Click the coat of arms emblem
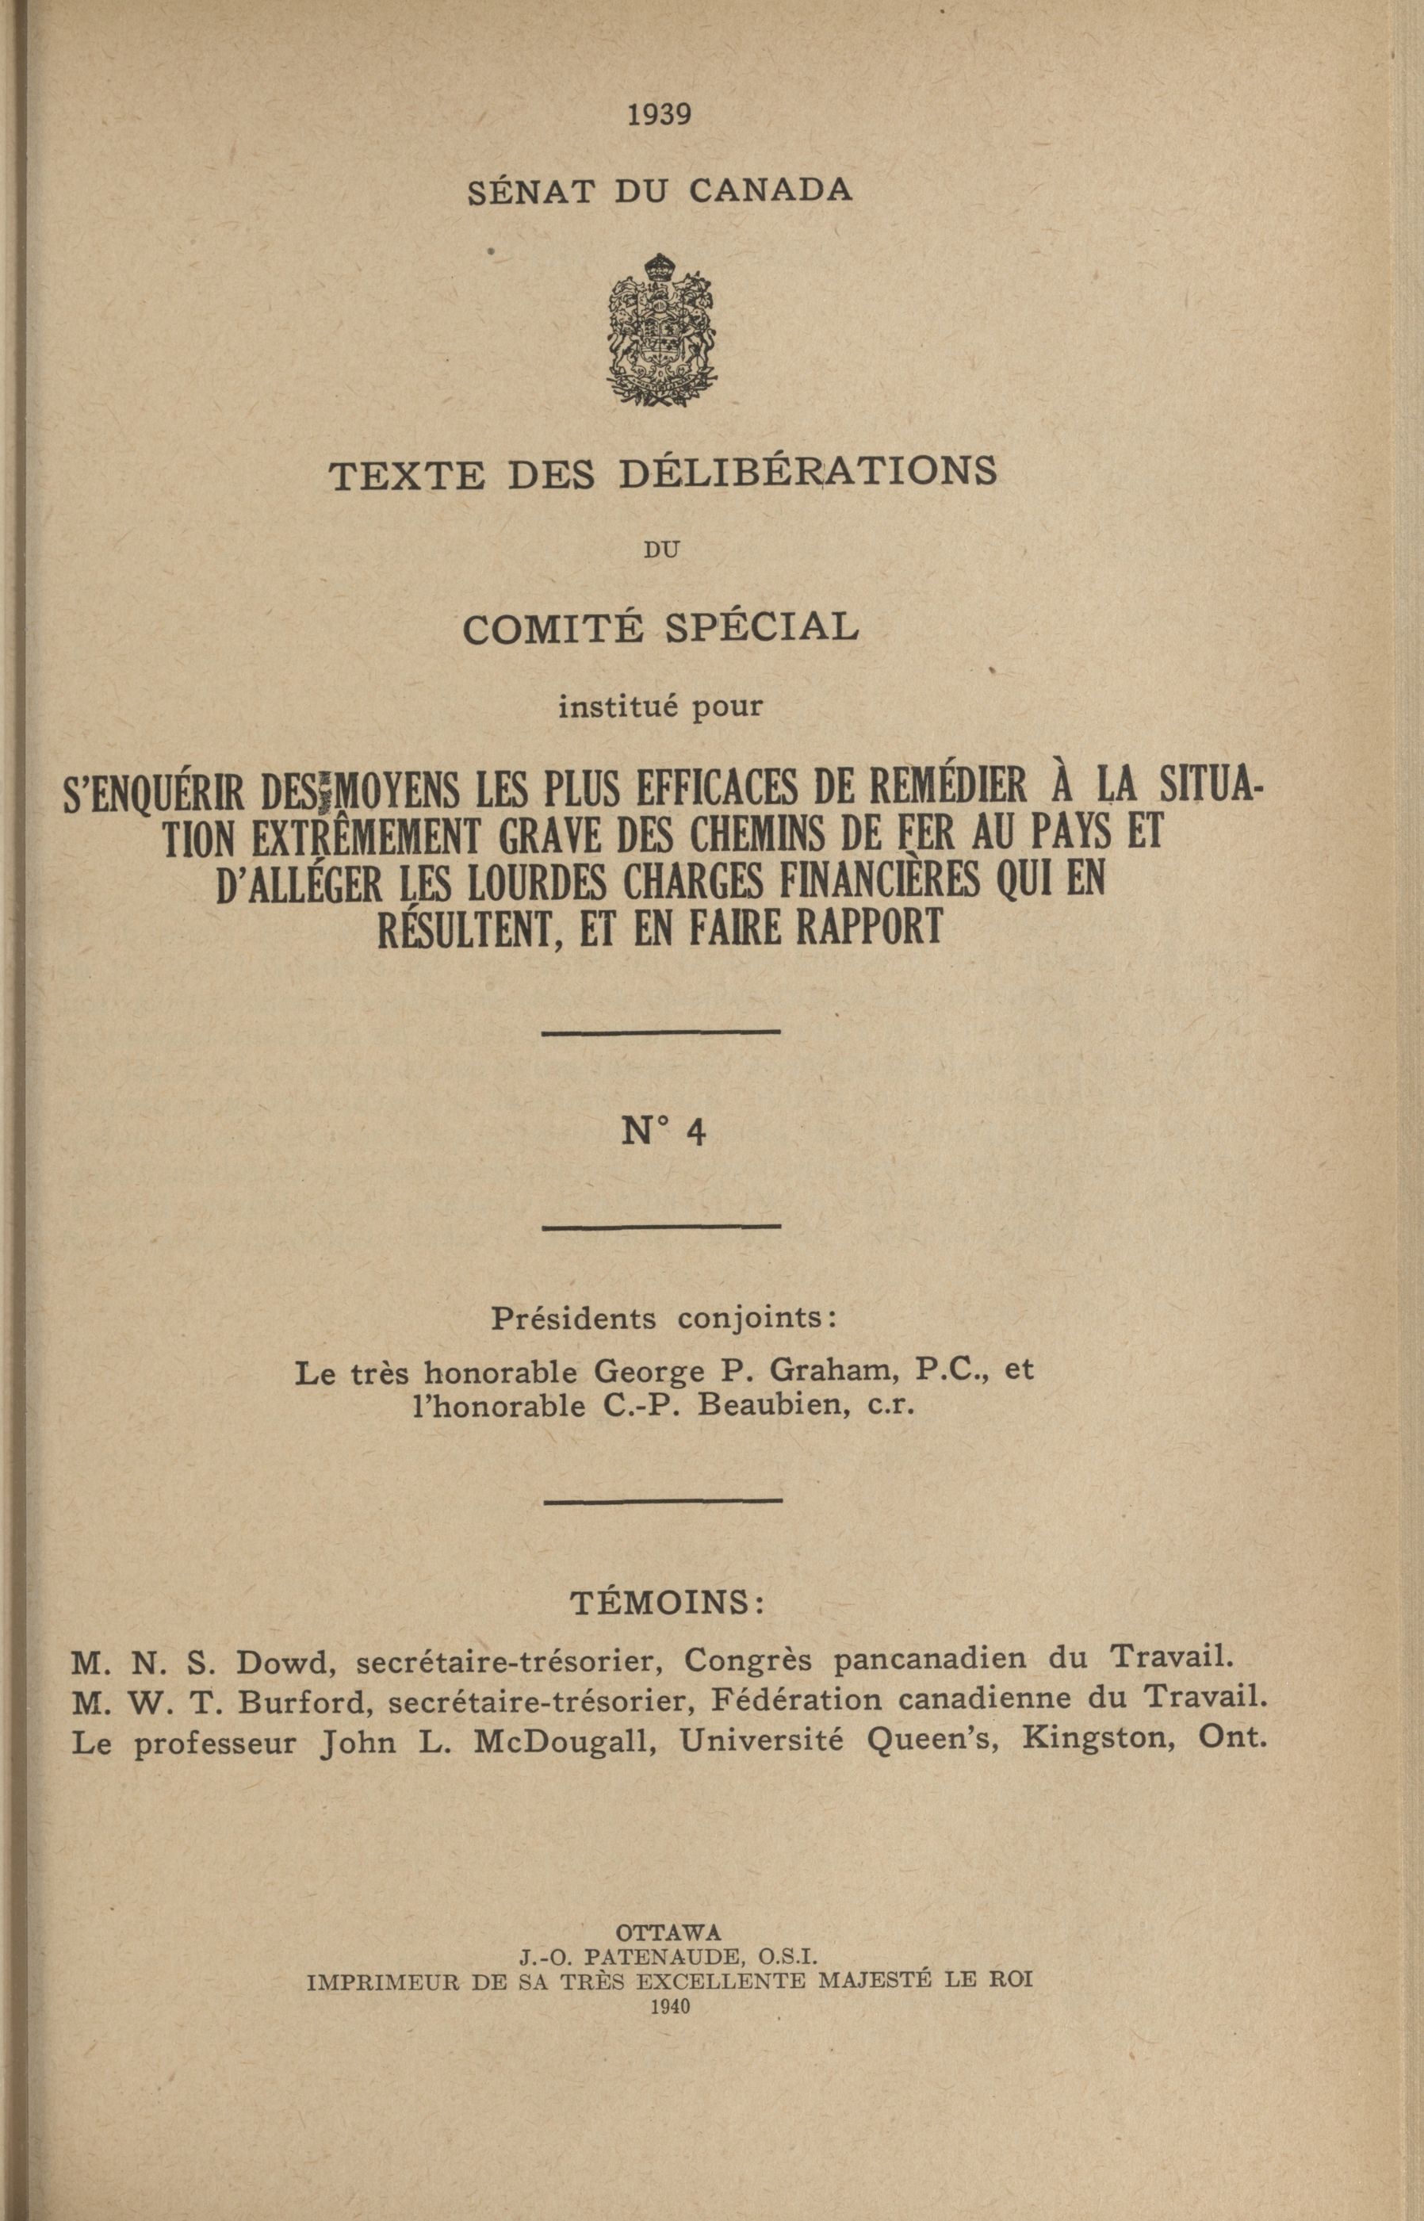tap(663, 330)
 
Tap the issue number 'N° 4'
tap(663, 1132)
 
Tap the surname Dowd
tap(282, 1660)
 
